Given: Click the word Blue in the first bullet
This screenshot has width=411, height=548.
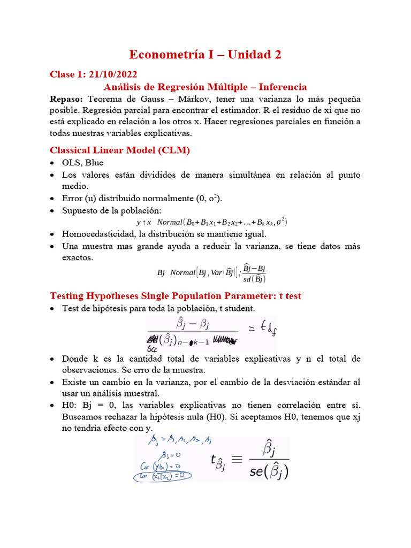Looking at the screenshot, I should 94,163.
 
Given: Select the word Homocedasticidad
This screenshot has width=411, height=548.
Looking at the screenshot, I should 98,234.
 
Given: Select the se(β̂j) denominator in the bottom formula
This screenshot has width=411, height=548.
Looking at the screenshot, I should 269,471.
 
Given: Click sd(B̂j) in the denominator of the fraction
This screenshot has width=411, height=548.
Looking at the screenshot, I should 252,278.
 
